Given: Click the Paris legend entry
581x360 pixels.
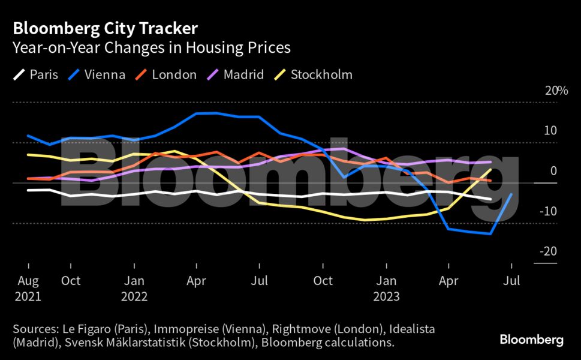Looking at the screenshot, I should (x=36, y=75).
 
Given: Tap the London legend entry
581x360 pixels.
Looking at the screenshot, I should (x=166, y=75).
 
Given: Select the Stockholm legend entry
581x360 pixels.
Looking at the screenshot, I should (x=313, y=75).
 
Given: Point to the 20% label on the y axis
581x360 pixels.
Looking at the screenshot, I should (x=556, y=91).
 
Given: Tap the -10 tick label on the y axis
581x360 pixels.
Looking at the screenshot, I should (x=549, y=211).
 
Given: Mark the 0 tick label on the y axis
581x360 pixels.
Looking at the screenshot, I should (x=553, y=171).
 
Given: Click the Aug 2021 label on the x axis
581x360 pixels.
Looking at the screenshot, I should (x=28, y=289).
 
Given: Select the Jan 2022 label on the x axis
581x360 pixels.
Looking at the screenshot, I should (x=134, y=289).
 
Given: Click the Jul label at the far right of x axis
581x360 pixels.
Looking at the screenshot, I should (x=511, y=281).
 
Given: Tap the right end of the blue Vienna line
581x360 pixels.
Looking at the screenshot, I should (x=511, y=194).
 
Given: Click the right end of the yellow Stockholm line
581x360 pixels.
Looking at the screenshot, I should (x=491, y=170).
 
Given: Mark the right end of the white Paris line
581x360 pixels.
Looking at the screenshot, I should (x=491, y=199).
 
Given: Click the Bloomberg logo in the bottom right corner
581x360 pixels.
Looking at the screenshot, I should (x=532, y=340).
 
